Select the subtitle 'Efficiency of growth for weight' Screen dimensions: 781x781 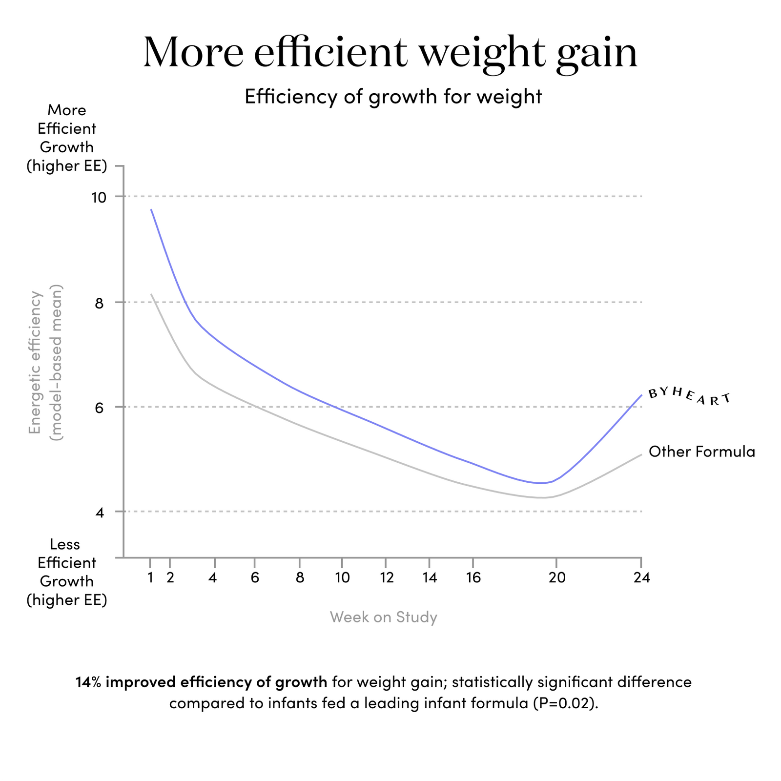pyautogui.click(x=393, y=97)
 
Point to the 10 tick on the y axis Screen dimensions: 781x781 pyautogui.click(x=100, y=197)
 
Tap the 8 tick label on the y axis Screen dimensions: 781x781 pyautogui.click(x=100, y=303)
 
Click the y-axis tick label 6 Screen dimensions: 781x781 pyautogui.click(x=100, y=407)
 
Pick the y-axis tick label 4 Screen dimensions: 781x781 pyautogui.click(x=100, y=512)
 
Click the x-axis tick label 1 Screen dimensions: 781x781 pyautogui.click(x=151, y=578)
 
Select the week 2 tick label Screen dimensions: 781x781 pyautogui.click(x=170, y=578)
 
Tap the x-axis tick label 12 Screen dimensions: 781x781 pyautogui.click(x=386, y=578)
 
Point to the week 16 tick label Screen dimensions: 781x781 pyautogui.click(x=473, y=578)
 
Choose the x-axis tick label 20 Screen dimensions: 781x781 pyautogui.click(x=556, y=578)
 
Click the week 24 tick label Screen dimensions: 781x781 pyautogui.click(x=641, y=578)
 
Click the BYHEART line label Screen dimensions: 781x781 pyautogui.click(x=689, y=396)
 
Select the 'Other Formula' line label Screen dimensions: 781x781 pyautogui.click(x=701, y=452)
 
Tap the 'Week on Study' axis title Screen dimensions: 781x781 pyautogui.click(x=383, y=617)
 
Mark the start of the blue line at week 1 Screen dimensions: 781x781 pyautogui.click(x=151, y=209)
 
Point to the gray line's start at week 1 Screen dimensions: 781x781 pyautogui.click(x=151, y=294)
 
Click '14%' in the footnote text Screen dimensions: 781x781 pyautogui.click(x=88, y=682)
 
